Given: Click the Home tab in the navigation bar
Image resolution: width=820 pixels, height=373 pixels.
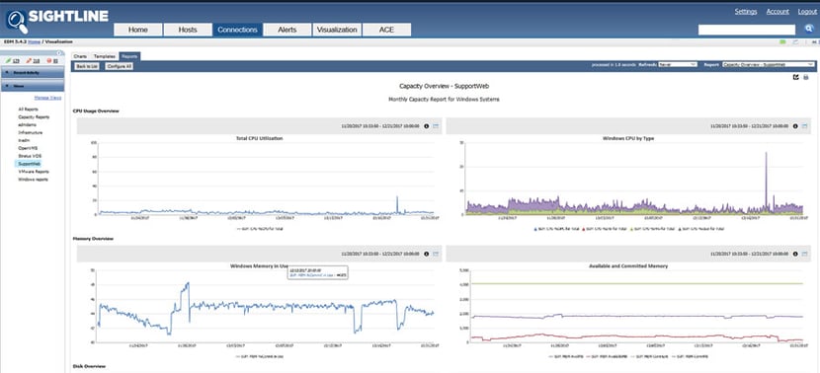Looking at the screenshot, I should point(138,31).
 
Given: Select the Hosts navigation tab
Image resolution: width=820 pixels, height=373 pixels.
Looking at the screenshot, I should point(188,31).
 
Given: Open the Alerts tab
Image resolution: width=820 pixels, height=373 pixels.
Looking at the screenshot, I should point(287,31).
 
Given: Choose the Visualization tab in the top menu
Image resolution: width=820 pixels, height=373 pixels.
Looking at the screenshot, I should point(337,31).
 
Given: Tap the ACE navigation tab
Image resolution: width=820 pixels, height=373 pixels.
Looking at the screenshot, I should point(387,31).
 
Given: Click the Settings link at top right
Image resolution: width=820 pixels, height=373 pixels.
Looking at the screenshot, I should point(746,12).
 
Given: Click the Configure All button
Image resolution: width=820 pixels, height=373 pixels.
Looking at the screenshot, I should point(119,66).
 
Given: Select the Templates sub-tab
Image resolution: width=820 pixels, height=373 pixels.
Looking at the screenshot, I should point(104,57).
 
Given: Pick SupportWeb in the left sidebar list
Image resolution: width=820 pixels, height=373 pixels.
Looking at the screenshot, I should point(30,163).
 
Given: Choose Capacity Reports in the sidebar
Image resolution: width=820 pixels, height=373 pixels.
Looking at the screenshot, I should point(33,116).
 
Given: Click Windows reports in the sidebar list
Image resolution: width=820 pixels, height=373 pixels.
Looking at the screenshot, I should point(34,179).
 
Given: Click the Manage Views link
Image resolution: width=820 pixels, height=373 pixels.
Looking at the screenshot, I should point(49,99).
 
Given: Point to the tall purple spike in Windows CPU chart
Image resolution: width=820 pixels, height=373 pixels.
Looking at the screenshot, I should point(766,178).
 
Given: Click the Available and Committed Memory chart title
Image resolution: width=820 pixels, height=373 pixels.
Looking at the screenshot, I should point(628,265).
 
